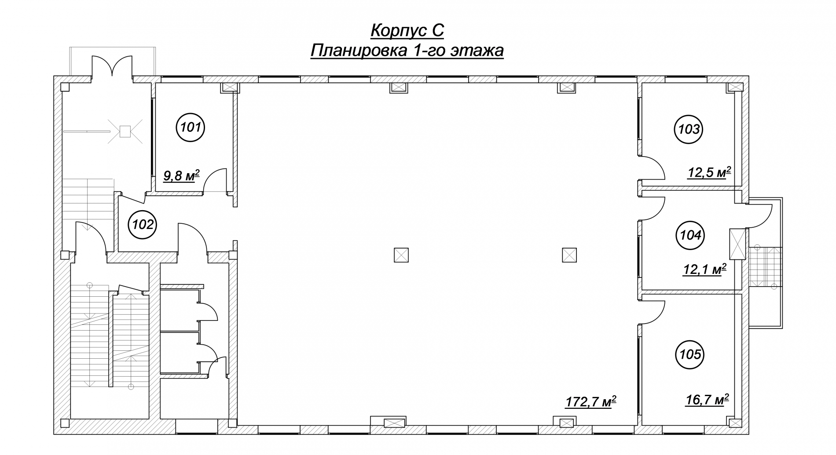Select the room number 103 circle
[689, 129]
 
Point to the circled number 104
[690, 235]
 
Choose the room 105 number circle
[690, 354]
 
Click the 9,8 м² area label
[181, 176]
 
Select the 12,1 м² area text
[704, 269]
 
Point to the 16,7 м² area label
[708, 400]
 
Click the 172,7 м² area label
[590, 401]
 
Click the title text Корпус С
[407, 31]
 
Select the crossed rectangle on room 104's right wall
[737, 244]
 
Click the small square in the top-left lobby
[125, 131]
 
